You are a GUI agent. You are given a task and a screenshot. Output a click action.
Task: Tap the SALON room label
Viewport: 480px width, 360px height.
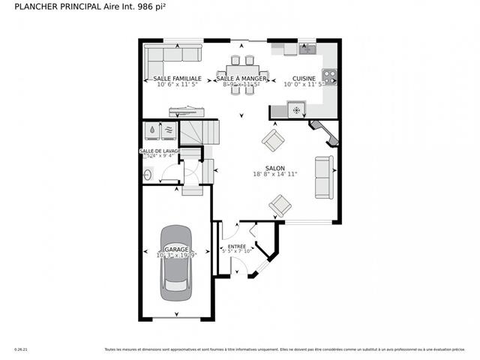(x=275, y=168)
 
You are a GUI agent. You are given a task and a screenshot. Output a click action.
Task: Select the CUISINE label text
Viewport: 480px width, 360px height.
(x=304, y=78)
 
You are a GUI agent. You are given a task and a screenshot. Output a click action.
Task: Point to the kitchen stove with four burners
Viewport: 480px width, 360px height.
(x=328, y=75)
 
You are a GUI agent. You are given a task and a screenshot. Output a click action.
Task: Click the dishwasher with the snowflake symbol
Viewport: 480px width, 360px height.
(x=295, y=111)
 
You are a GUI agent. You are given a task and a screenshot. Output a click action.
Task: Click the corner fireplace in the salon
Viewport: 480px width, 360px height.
(x=324, y=132)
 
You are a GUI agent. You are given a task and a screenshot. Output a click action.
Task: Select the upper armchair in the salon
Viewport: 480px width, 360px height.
(x=272, y=139)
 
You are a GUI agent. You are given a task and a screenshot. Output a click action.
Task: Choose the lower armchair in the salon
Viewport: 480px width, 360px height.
(x=280, y=204)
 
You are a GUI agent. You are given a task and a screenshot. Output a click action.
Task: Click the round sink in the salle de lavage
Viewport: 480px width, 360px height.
(x=148, y=175)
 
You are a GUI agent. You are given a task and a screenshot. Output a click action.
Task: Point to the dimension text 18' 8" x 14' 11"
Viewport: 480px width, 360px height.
(x=275, y=175)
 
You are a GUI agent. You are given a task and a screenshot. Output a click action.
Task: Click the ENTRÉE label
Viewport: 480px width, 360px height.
(x=237, y=246)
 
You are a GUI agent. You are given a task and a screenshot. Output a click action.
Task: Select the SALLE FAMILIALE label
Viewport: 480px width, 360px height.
(x=177, y=78)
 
